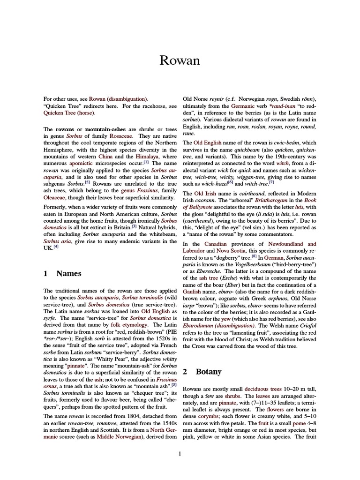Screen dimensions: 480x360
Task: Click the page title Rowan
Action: (x=180, y=60)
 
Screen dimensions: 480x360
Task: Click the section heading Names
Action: (x=68, y=273)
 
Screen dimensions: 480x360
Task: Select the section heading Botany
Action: (x=208, y=371)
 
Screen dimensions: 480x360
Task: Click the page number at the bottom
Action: (x=180, y=453)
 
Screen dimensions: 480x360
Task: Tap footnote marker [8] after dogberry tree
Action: (x=254, y=256)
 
